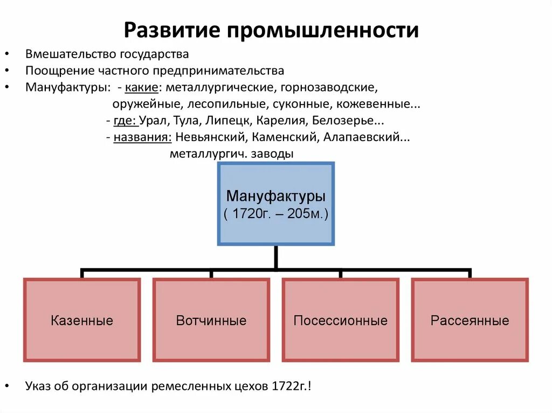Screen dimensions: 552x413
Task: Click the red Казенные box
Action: coord(82,320)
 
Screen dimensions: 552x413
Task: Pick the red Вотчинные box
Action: coord(211,320)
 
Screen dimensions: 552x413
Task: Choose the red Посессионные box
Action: coord(340,320)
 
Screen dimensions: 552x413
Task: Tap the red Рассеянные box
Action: coord(470,320)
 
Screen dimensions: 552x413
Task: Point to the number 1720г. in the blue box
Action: coord(251,214)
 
